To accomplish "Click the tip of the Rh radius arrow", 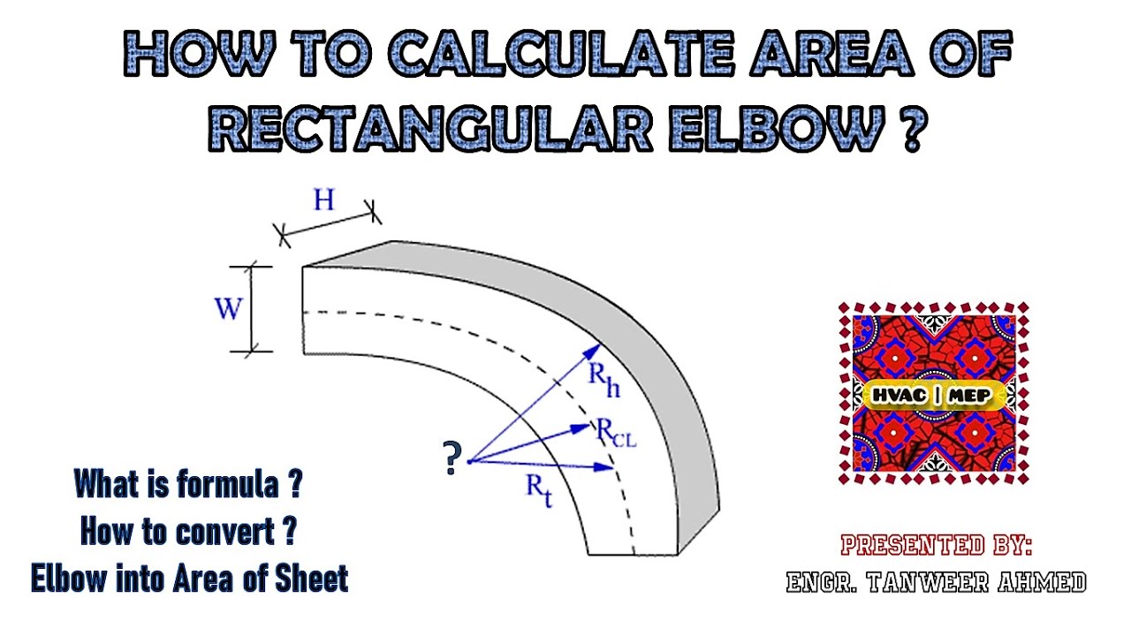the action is [601, 344].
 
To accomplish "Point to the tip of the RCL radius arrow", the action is [590, 426].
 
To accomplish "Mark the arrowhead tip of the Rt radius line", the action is [613, 468].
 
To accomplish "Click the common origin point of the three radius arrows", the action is [469, 461].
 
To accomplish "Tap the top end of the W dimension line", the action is [252, 267].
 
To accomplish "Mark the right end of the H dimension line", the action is [372, 213].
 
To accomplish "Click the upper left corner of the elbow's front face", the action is [302, 267].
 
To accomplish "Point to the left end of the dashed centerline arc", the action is [303, 313].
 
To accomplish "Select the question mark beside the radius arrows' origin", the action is [452, 458].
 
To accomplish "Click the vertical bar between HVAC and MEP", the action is [937, 395].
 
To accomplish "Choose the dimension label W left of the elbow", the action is [229, 308].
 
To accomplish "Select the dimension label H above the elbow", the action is [323, 200].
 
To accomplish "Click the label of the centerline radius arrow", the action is [616, 433].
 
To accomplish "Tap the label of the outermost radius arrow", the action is [604, 380].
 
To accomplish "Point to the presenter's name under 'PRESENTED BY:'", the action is [936, 582].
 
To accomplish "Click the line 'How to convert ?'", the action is [188, 532].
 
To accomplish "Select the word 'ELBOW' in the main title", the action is [777, 128].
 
